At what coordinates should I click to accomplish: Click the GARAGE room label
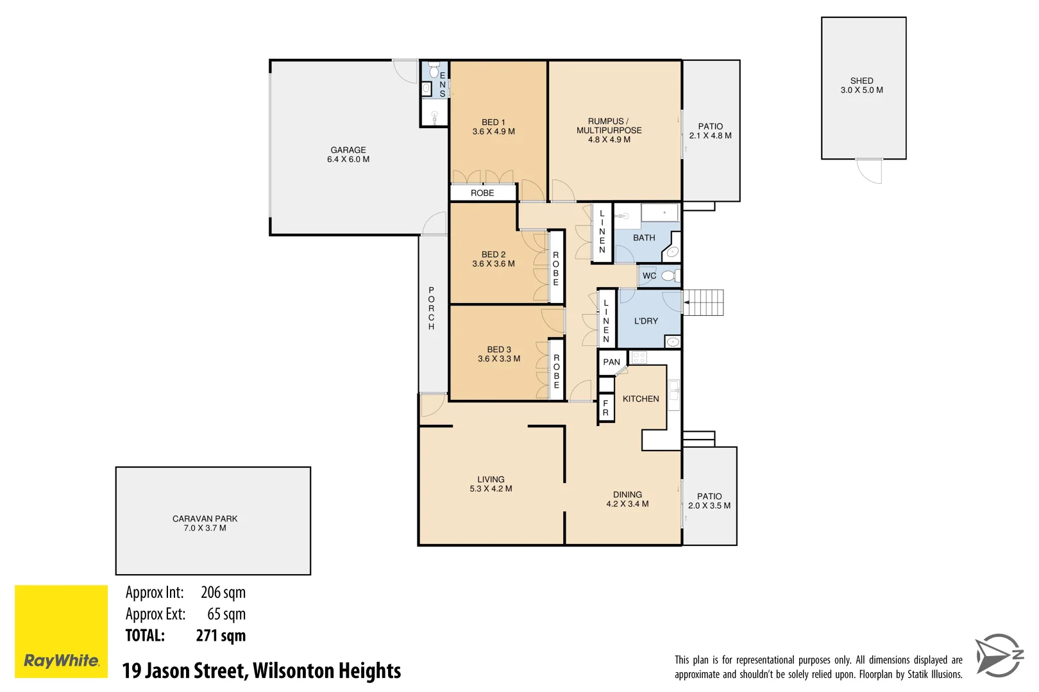coord(348,150)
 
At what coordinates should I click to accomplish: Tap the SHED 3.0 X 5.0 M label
coord(861,85)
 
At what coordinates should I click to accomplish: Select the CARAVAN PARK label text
coord(205,518)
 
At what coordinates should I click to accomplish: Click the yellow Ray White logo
coord(61,631)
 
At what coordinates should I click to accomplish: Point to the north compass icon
coord(999,655)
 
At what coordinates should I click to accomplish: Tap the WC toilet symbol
coord(668,276)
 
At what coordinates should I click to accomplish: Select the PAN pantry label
coord(611,362)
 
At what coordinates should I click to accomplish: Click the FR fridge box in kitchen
coord(605,408)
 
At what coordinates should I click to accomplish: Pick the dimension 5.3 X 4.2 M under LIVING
coord(491,489)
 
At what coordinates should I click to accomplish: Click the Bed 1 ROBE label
coord(482,193)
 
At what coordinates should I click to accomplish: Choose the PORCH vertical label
coord(431,308)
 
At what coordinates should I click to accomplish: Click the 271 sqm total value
coord(221,636)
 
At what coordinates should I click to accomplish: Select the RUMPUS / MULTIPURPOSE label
coord(609,126)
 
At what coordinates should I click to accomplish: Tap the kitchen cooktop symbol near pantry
coord(639,358)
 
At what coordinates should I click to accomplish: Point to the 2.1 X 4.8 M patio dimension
coord(710,136)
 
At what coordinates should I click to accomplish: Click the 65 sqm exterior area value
coord(226,614)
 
